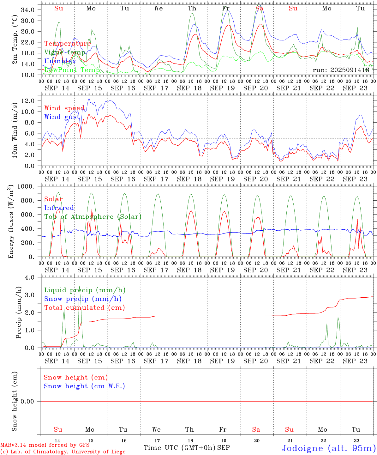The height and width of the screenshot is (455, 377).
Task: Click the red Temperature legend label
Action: click(67, 44)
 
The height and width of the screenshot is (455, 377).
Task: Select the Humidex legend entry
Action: click(60, 61)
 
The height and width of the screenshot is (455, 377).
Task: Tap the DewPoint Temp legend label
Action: click(72, 70)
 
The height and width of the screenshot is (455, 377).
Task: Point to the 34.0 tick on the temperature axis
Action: click(28, 10)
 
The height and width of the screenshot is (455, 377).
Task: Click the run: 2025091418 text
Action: click(341, 70)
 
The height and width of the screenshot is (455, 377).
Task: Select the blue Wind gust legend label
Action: click(62, 117)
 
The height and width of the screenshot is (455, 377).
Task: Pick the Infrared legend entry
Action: click(59, 208)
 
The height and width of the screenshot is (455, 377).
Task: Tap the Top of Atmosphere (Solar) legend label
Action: click(93, 217)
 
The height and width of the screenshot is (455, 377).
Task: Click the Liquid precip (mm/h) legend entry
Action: click(85, 290)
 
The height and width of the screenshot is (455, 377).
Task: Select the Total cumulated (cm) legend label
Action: click(84, 307)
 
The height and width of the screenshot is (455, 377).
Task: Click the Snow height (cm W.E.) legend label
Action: click(84, 386)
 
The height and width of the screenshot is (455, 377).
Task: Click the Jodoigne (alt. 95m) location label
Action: click(329, 448)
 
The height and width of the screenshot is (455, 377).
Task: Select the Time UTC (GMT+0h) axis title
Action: click(180, 447)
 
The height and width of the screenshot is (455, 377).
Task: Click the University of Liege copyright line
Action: click(63, 452)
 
